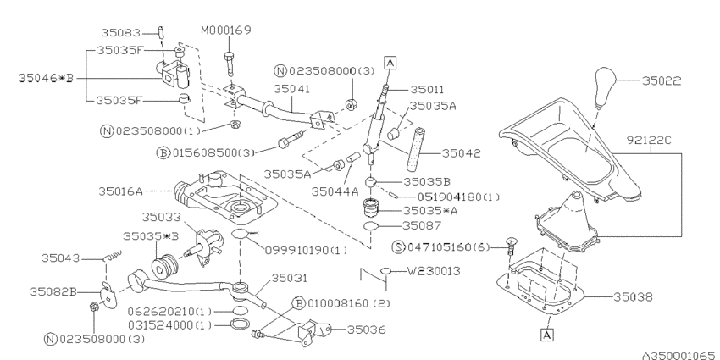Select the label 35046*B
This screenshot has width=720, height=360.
pyautogui.click(x=46, y=77)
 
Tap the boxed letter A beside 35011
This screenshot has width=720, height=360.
pyautogui.click(x=390, y=61)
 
